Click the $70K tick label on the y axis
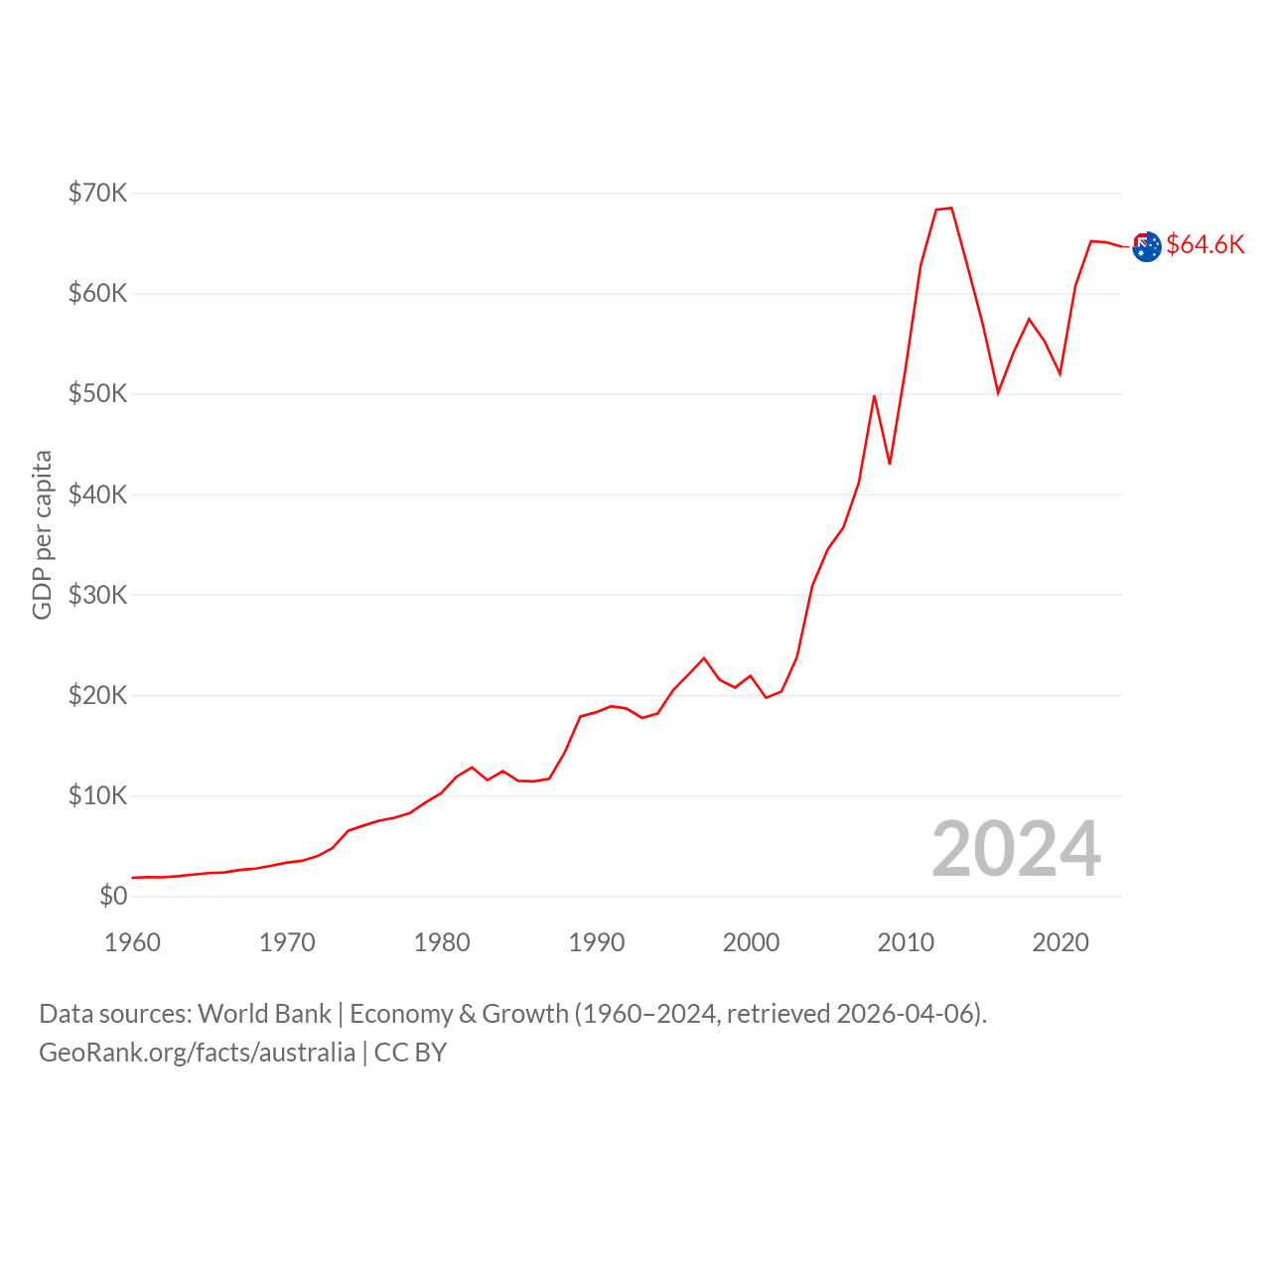pos(97,193)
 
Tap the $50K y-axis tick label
pos(97,393)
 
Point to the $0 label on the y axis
pos(113,896)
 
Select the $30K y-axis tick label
pos(97,594)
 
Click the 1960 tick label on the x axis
pos(132,942)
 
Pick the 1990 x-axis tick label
pos(596,942)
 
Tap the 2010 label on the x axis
pos(906,942)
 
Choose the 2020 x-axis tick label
pos(1059,942)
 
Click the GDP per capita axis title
pos(42,535)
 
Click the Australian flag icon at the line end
pos(1146,246)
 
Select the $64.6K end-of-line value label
pos(1205,244)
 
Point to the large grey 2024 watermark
pos(1016,849)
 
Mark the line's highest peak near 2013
pos(951,209)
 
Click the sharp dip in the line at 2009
pos(890,464)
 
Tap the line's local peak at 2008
pos(874,396)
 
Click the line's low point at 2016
pos(998,393)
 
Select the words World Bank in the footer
pos(264,1014)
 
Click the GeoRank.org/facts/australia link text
pos(198,1052)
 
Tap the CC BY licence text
pos(410,1052)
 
